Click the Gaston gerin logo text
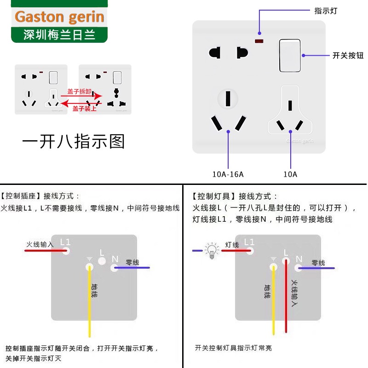coord(59,17)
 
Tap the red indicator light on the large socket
coord(259,42)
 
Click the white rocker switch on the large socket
coord(289,56)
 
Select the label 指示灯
coord(326,11)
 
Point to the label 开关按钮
coord(348,56)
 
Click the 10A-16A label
coord(228,174)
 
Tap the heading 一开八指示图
coord(74,141)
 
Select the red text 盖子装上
coord(84,109)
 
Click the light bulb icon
coord(212,251)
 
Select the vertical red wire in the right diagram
coord(286,299)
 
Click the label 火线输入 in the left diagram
coord(40,244)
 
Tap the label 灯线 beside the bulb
coord(232,245)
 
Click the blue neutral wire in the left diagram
coord(133,268)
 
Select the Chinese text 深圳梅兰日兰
coord(59,35)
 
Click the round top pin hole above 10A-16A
coord(228,98)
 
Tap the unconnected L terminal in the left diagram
coord(102,261)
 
